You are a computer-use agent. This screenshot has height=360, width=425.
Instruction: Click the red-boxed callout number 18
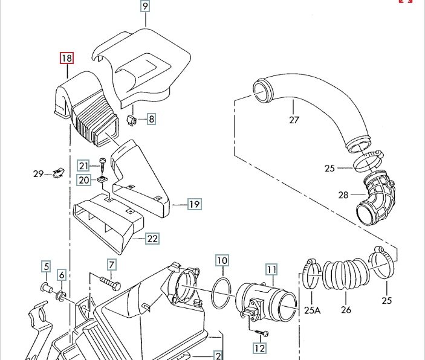tap(66, 59)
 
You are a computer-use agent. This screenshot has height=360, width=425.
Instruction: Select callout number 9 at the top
tap(145, 7)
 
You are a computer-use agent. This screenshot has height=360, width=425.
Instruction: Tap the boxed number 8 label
tap(151, 119)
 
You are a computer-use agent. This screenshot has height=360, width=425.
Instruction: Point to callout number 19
tap(194, 204)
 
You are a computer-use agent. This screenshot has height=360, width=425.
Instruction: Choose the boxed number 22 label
tap(152, 239)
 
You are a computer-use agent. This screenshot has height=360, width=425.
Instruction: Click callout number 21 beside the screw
tap(83, 166)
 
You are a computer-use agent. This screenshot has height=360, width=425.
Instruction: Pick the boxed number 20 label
tap(83, 179)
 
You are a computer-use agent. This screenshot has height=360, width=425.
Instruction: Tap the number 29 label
tap(39, 174)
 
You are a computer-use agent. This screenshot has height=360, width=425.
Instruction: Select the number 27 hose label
tap(294, 120)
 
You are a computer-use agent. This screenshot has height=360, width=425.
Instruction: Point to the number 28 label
tap(343, 194)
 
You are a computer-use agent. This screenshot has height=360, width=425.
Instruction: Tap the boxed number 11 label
tap(271, 269)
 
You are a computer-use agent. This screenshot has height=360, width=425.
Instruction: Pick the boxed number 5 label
tap(45, 266)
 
